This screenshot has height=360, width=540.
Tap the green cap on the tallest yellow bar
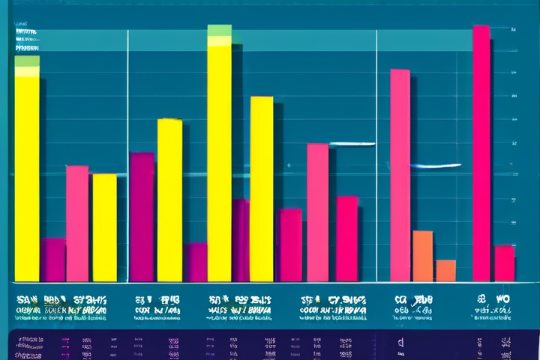click(x=219, y=30)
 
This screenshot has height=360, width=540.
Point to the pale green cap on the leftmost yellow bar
click(x=27, y=61)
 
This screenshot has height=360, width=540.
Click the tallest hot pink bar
click(x=481, y=150)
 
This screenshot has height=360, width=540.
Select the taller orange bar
click(x=422, y=255)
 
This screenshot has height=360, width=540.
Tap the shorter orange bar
click(x=445, y=270)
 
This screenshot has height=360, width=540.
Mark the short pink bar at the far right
click(x=505, y=262)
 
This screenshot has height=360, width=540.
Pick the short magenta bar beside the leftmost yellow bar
click(x=52, y=259)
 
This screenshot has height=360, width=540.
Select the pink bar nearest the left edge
click(x=76, y=223)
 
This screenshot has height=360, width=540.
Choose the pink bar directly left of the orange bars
click(x=400, y=174)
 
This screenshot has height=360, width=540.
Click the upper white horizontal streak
click(x=351, y=143)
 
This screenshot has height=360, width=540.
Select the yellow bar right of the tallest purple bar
click(x=169, y=199)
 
